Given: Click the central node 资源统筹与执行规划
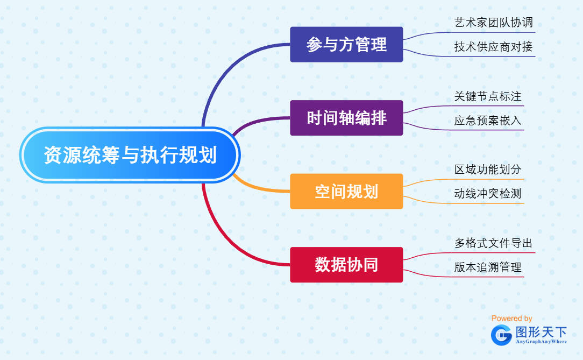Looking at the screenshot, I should (x=130, y=155).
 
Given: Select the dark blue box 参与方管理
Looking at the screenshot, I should (x=346, y=45).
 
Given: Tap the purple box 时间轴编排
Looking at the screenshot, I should (x=346, y=118).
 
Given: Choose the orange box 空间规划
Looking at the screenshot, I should (x=346, y=191).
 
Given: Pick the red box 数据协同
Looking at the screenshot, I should (x=346, y=265).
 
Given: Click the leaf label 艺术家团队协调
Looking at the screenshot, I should (x=493, y=23).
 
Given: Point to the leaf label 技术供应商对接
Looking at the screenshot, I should (x=493, y=47).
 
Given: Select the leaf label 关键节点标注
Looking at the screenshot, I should (x=487, y=96).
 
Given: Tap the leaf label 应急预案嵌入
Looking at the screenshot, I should (x=487, y=121).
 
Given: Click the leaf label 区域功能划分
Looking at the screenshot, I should (x=487, y=170).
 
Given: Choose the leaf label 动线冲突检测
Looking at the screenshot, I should (x=487, y=194).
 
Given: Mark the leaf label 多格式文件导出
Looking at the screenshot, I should (x=493, y=243).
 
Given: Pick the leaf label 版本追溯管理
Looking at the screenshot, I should (x=487, y=267).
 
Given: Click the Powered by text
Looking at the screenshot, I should (x=511, y=319).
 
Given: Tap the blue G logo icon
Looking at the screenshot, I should (x=501, y=335).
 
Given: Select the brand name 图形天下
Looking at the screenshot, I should (x=541, y=332).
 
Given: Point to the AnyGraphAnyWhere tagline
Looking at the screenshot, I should (x=541, y=342).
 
